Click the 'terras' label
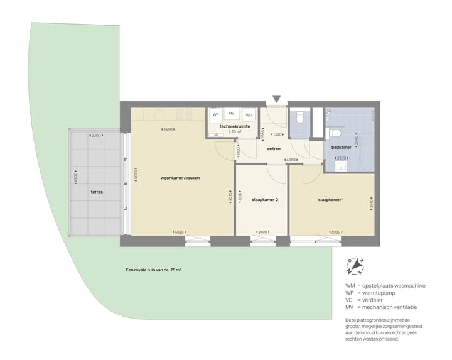pos(96,191)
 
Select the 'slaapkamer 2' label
pos(261,199)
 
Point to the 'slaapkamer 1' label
pos(331,200)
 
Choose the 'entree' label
pos(274,149)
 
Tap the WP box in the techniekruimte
pos(215,114)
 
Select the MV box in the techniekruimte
pos(232,113)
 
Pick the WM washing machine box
pos(249,115)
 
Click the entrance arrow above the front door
pos(276,99)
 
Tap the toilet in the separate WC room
pos(300,117)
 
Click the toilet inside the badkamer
pos(335,133)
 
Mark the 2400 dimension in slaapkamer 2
pos(261,232)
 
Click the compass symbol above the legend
pos(355,266)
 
